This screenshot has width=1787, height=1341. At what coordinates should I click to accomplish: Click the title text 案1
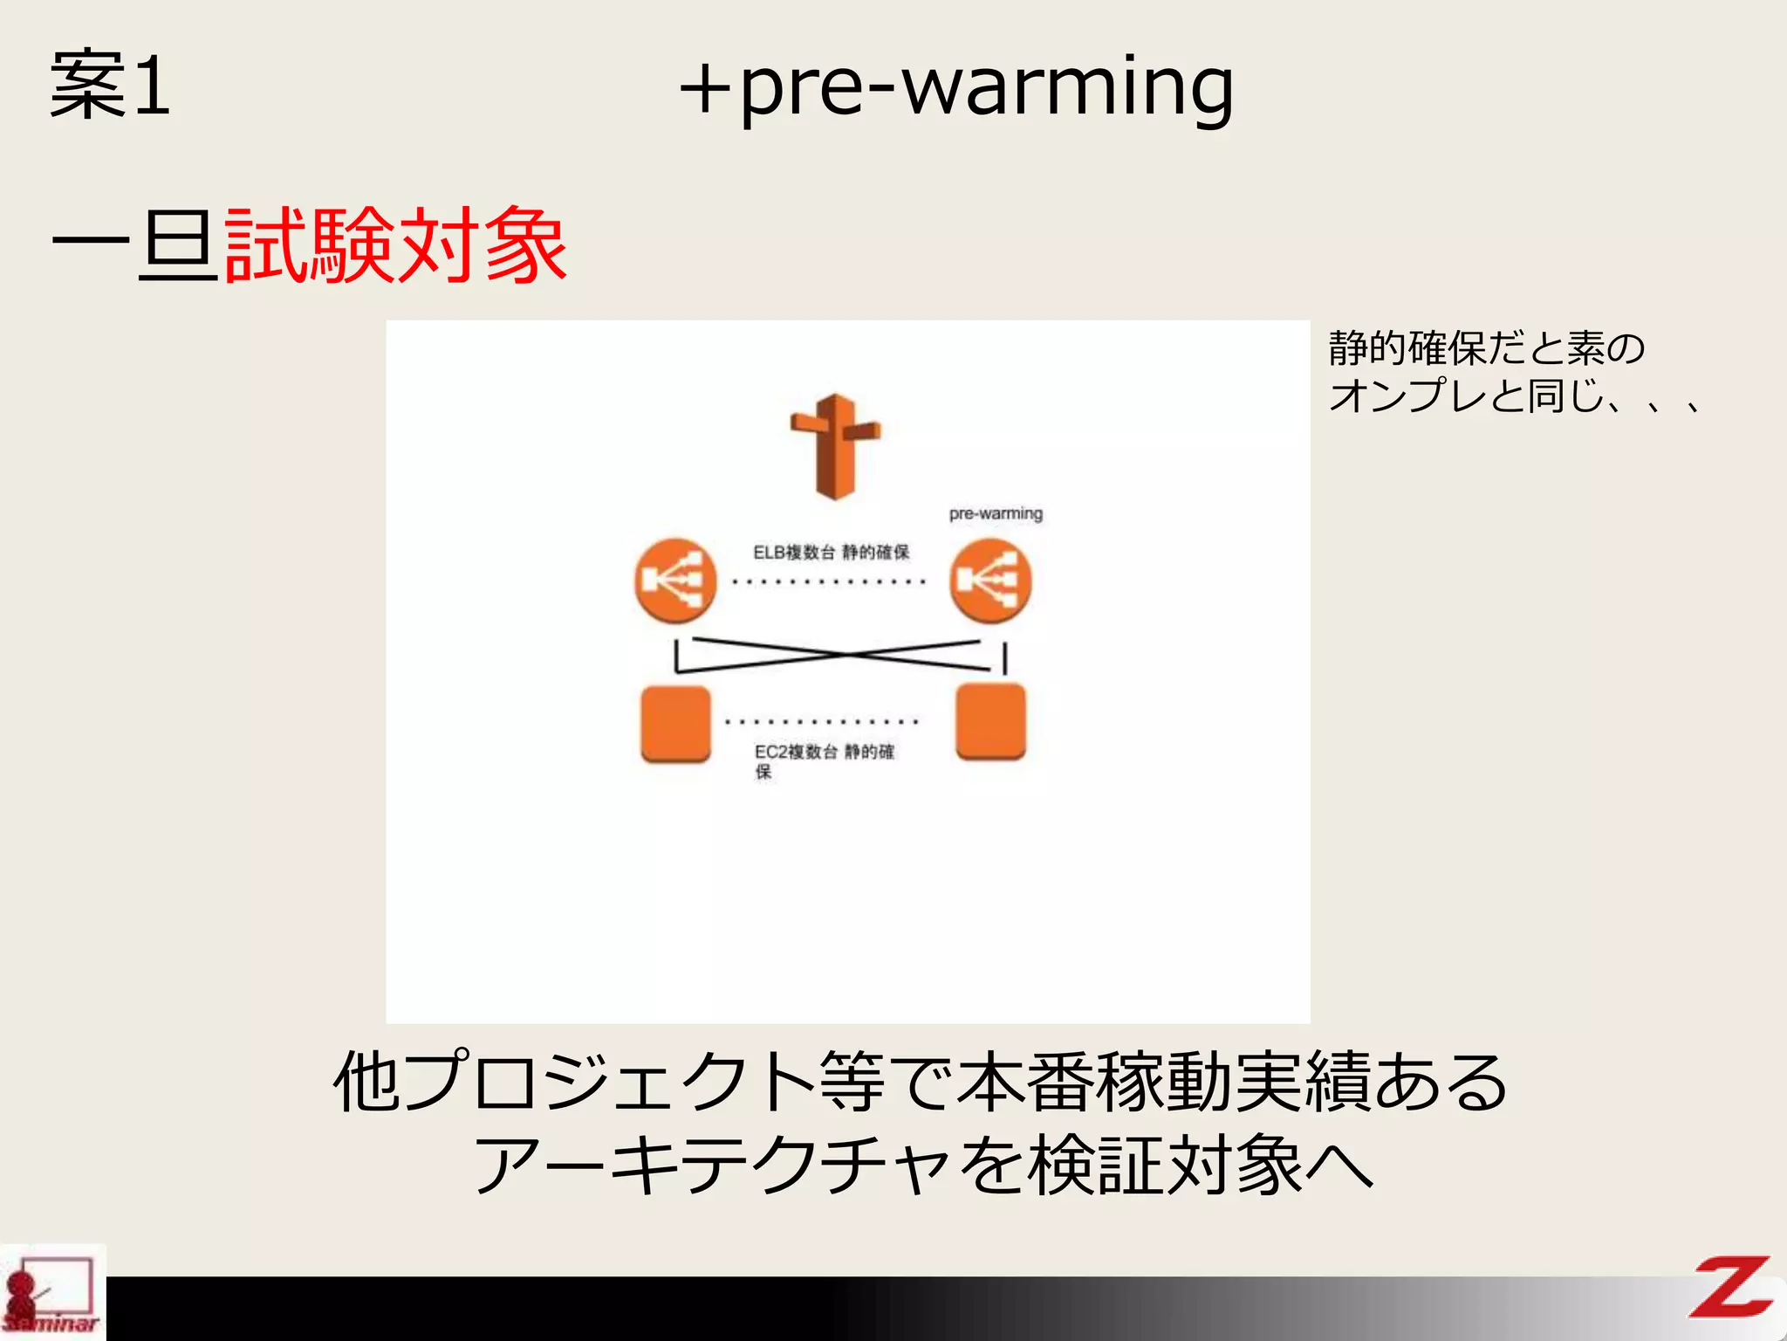(110, 84)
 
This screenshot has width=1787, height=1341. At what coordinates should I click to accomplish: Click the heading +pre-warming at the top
(956, 87)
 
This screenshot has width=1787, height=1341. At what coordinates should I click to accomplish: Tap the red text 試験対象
(395, 246)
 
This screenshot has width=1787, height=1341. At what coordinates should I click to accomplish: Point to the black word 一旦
(135, 246)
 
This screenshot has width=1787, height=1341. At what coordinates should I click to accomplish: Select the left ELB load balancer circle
(675, 581)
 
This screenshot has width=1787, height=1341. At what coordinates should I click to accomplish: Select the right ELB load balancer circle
(990, 581)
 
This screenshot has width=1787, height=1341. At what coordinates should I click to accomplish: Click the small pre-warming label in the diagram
(996, 513)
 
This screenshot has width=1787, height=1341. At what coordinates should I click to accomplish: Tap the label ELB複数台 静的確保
(831, 552)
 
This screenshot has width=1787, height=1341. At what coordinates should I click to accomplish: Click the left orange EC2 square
(675, 724)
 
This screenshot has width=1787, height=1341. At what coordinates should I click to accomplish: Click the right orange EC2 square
(990, 722)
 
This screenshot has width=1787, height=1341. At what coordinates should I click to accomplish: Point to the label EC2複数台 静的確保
(824, 760)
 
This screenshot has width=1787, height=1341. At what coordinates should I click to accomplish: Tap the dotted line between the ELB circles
(829, 581)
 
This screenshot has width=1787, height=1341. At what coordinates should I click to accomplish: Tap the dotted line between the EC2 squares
(822, 722)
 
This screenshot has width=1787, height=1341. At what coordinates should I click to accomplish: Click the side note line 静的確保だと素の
(1486, 347)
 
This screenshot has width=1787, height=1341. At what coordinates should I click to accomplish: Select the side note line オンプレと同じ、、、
(1515, 395)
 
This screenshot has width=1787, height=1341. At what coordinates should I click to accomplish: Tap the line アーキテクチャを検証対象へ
(923, 1165)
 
